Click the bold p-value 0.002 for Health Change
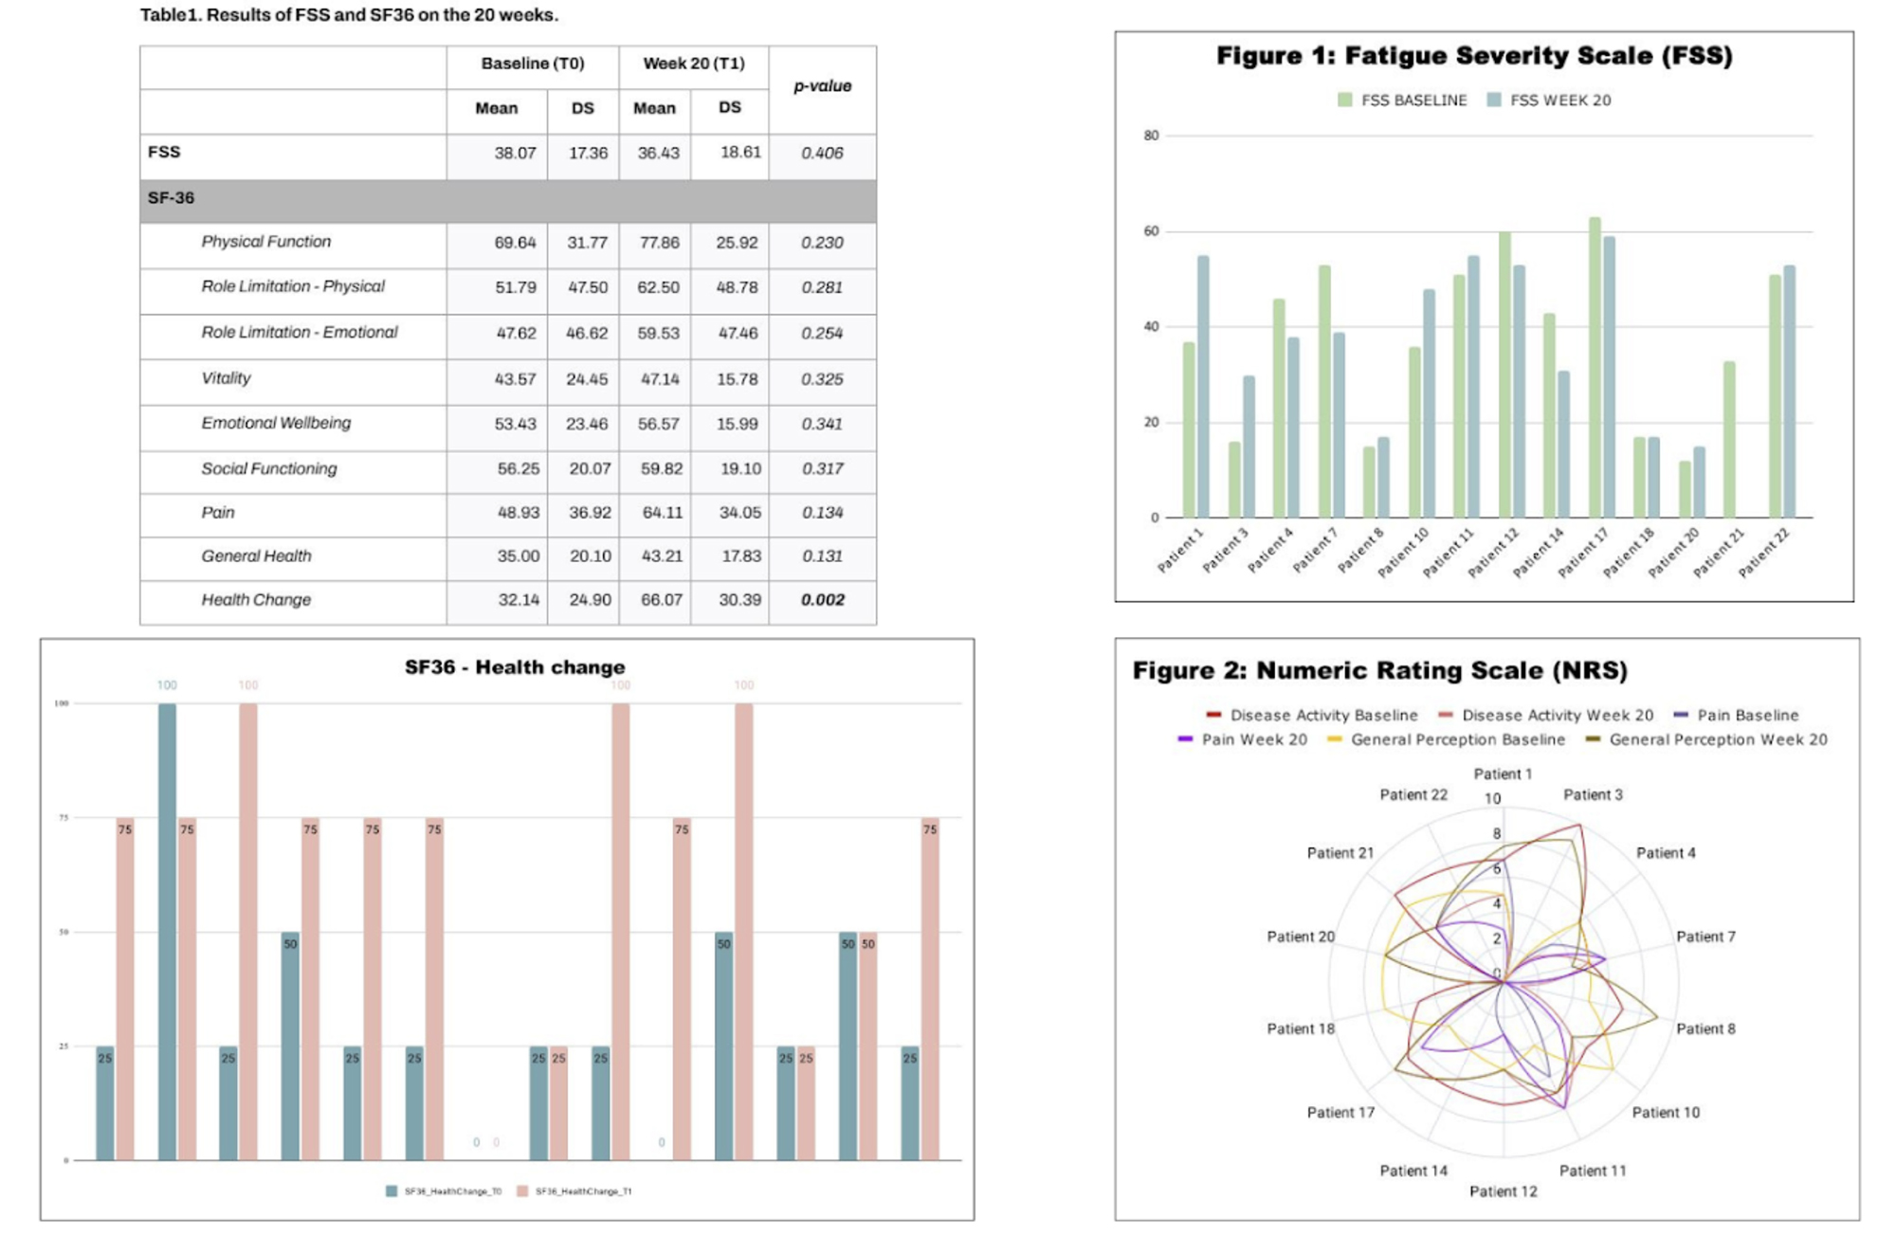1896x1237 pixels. [822, 600]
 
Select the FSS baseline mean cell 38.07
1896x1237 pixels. [515, 153]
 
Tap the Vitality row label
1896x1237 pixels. [226, 378]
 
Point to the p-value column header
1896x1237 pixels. [822, 86]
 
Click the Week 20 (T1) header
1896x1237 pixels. [693, 64]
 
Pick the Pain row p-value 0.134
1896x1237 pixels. [822, 513]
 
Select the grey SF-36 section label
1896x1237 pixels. [171, 198]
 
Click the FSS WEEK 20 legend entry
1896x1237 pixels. [1549, 100]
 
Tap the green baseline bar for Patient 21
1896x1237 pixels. [1729, 439]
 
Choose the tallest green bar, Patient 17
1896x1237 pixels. [1595, 368]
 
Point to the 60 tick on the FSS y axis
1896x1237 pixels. [1151, 231]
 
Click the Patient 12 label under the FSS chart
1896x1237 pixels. [1493, 553]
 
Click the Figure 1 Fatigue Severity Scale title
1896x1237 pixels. [1474, 56]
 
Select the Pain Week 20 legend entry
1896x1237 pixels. [1243, 740]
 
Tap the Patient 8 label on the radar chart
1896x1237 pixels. [1705, 1028]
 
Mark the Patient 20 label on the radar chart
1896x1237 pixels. [1301, 937]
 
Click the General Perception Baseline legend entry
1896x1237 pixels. [1447, 740]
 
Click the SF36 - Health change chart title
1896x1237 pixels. [515, 667]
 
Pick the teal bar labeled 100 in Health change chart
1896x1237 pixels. [167, 931]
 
